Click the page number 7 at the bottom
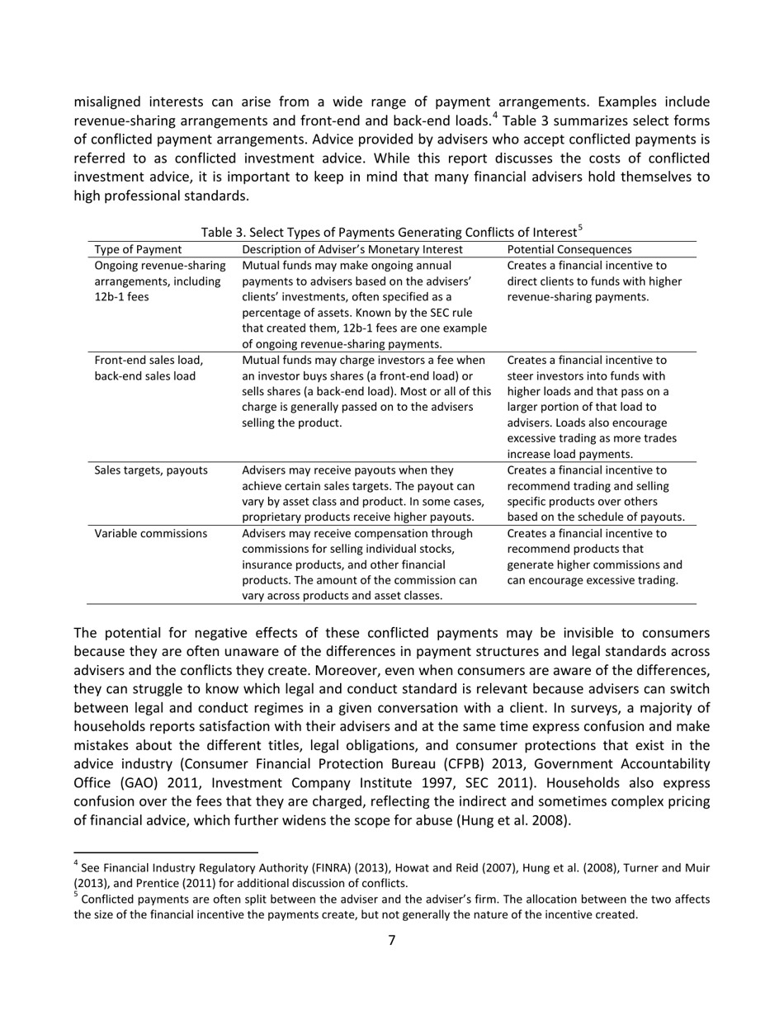coord(391,941)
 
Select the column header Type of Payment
coord(139,249)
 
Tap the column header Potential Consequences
coord(569,249)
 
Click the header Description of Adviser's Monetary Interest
coord(352,249)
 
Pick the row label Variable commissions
coord(151,533)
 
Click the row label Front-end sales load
coord(149,360)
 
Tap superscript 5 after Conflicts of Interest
coord(580,228)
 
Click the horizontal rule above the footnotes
coord(166,851)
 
